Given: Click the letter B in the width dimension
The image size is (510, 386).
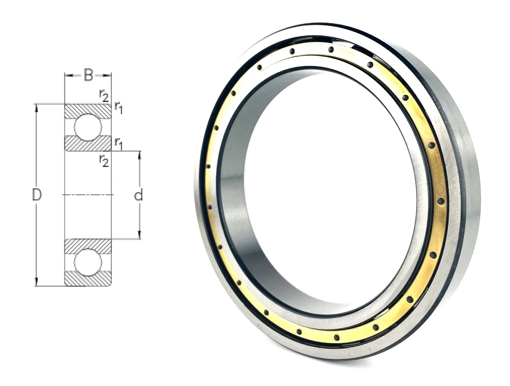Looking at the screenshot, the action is click(x=88, y=75).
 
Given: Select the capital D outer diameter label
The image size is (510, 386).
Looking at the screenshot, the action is click(x=37, y=195).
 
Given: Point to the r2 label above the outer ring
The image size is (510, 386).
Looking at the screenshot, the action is click(x=104, y=96).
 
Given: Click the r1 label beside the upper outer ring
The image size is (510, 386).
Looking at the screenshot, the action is click(x=118, y=108).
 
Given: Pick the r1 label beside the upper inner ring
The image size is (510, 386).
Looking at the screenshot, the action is click(x=118, y=144).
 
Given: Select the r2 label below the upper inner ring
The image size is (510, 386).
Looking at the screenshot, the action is click(x=104, y=161).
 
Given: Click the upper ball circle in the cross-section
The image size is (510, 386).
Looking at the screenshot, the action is click(x=88, y=127).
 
